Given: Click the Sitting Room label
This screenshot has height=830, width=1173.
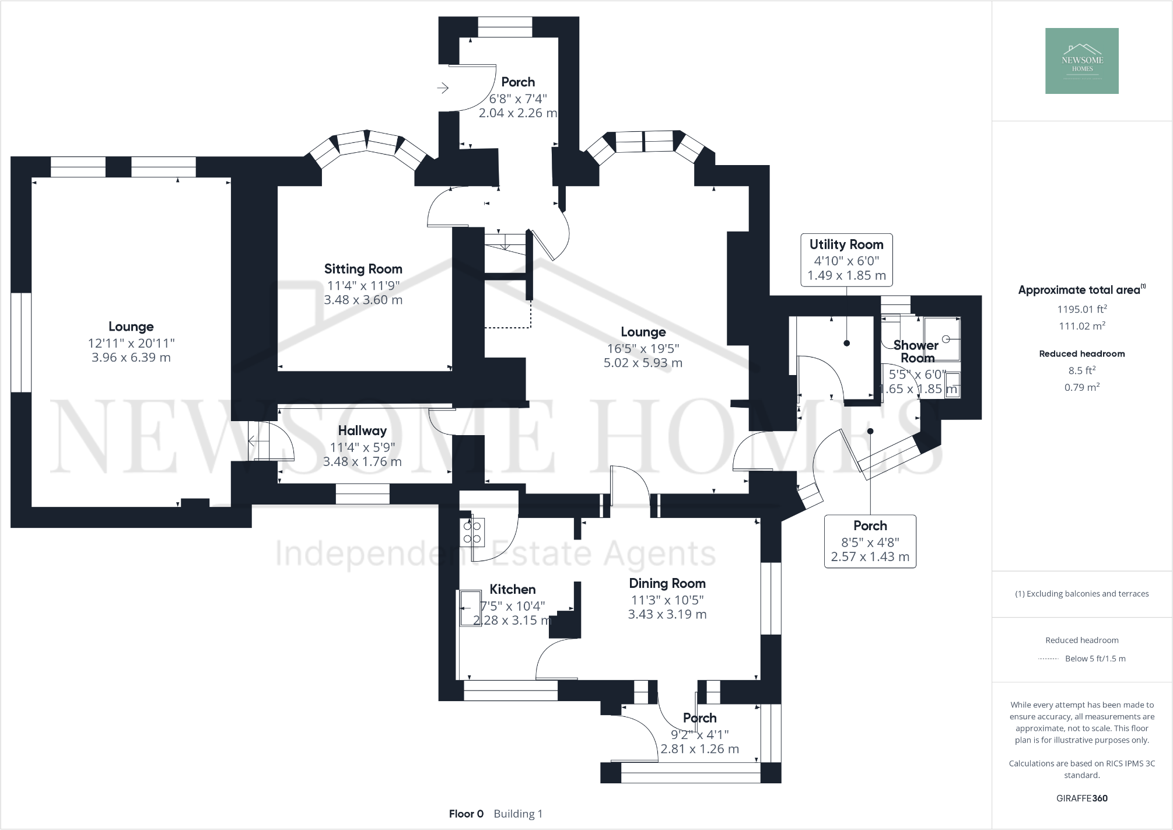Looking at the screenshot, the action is pyautogui.click(x=363, y=269).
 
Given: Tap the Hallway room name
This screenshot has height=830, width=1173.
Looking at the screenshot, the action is pyautogui.click(x=362, y=430).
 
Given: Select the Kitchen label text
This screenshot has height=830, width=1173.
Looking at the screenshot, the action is pyautogui.click(x=512, y=589).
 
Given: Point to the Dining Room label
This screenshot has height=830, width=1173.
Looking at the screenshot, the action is pyautogui.click(x=667, y=583).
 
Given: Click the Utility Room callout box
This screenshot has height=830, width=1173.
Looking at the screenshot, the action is pyautogui.click(x=846, y=260).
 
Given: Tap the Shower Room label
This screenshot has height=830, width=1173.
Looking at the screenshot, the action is pyautogui.click(x=916, y=352).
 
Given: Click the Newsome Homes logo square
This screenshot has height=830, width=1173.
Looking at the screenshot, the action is pyautogui.click(x=1081, y=61).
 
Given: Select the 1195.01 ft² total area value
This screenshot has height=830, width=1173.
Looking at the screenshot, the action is pyautogui.click(x=1082, y=309).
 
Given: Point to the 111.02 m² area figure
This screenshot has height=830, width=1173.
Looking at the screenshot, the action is pyautogui.click(x=1082, y=326).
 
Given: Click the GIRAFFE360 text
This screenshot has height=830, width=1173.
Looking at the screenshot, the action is pyautogui.click(x=1082, y=799).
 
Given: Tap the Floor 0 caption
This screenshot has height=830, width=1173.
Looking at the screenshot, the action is pyautogui.click(x=466, y=814).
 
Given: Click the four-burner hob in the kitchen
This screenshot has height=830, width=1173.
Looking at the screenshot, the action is pyautogui.click(x=472, y=531).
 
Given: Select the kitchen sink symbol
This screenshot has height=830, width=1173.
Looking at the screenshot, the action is pyautogui.click(x=468, y=608).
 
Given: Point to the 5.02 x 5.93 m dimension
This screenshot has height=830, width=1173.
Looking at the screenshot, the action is pyautogui.click(x=643, y=363).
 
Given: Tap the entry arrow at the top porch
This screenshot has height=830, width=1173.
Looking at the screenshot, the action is pyautogui.click(x=443, y=88).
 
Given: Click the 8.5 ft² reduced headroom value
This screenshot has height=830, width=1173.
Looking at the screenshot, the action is pyautogui.click(x=1082, y=370).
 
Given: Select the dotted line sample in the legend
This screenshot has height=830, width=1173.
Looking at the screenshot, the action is pyautogui.click(x=1048, y=659).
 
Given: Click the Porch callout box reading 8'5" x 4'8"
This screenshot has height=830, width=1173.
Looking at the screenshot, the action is pyautogui.click(x=870, y=541).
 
